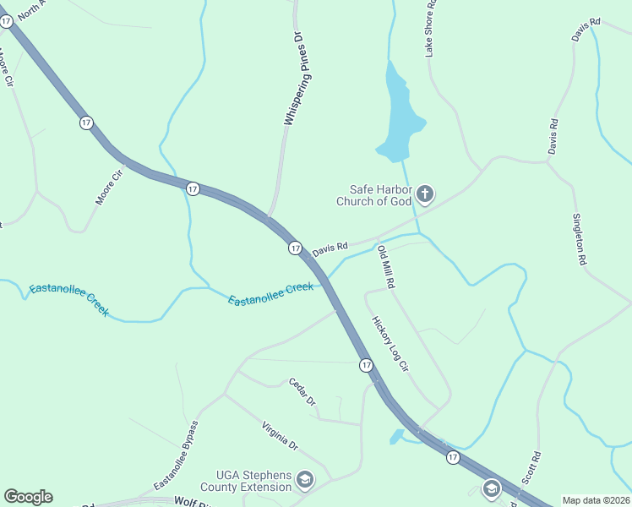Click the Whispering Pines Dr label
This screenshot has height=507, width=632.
click(297, 81)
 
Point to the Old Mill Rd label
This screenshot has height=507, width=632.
click(385, 267)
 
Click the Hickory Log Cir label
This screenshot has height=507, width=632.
click(390, 344)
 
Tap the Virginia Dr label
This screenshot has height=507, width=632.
click(280, 434)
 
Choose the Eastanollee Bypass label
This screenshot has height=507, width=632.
click(177, 455)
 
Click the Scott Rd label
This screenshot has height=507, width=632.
click(531, 466)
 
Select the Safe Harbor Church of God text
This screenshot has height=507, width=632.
click(373, 195)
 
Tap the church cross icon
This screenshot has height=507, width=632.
click(425, 195)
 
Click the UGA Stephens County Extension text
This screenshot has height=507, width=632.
click(247, 481)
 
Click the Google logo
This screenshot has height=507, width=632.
click(28, 497)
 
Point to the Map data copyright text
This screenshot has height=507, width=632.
click(596, 500)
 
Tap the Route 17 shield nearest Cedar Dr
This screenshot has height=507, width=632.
click(365, 365)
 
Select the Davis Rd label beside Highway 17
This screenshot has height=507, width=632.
click(330, 249)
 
